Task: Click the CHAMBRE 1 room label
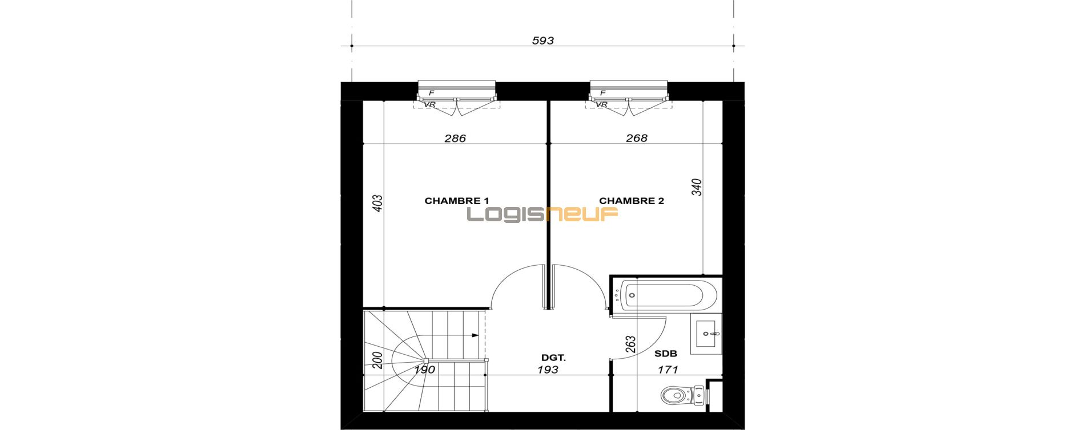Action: click(x=457, y=201)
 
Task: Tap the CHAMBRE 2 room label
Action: click(x=632, y=201)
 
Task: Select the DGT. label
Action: click(x=553, y=358)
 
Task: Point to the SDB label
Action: click(x=666, y=354)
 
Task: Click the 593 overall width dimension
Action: click(x=543, y=40)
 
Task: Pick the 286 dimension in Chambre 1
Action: click(x=455, y=138)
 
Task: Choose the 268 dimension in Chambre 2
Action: click(x=637, y=138)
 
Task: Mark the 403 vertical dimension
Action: click(x=377, y=204)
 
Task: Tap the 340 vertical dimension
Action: click(x=697, y=187)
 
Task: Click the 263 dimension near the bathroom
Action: click(x=631, y=345)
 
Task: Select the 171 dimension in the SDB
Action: click(x=668, y=370)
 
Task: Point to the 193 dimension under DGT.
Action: click(x=548, y=370)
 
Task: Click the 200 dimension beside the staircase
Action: click(x=377, y=360)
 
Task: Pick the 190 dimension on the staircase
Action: click(x=424, y=370)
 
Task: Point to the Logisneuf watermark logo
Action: click(x=542, y=214)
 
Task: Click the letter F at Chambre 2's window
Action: click(x=602, y=92)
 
